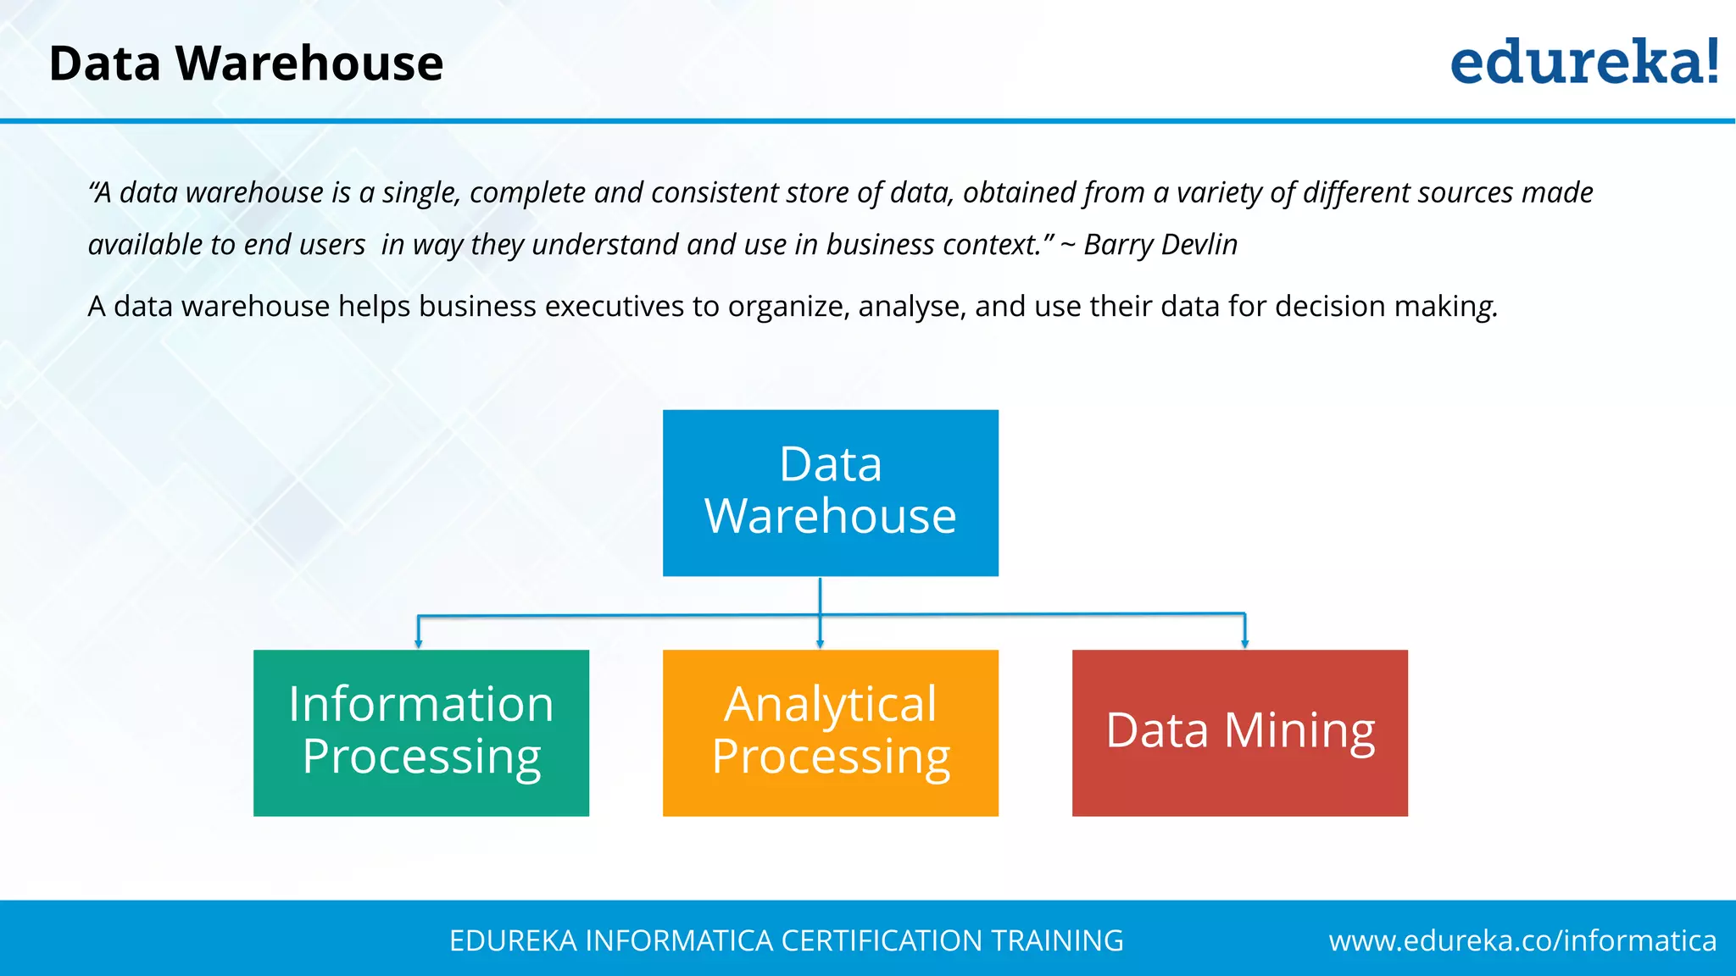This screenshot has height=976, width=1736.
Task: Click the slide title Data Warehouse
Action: tap(246, 64)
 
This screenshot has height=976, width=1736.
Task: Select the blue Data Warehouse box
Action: tap(830, 492)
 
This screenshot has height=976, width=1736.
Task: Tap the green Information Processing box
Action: tap(420, 732)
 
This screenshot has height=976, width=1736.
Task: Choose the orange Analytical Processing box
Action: tap(830, 732)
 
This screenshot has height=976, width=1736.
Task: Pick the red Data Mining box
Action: tap(1239, 732)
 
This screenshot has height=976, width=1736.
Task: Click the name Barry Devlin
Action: tap(1160, 245)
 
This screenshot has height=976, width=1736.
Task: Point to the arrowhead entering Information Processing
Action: tap(418, 644)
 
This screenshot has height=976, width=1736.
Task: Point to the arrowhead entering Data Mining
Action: tap(1244, 644)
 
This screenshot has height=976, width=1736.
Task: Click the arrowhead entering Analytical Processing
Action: tap(820, 644)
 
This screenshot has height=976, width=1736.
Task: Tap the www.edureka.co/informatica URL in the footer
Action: tap(1522, 940)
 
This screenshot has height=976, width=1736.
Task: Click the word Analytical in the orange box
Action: tap(830, 705)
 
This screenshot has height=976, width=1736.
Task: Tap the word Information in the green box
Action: tap(420, 704)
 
